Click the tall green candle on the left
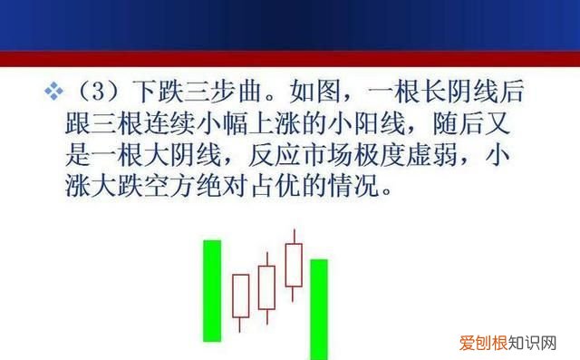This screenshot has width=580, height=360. point(212,290)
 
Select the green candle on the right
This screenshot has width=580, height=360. point(319,309)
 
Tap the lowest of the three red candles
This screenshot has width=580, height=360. point(240,296)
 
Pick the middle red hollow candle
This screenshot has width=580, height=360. point(266,287)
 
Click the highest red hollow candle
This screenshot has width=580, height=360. point(294,265)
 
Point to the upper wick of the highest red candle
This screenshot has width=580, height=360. point(294,236)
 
